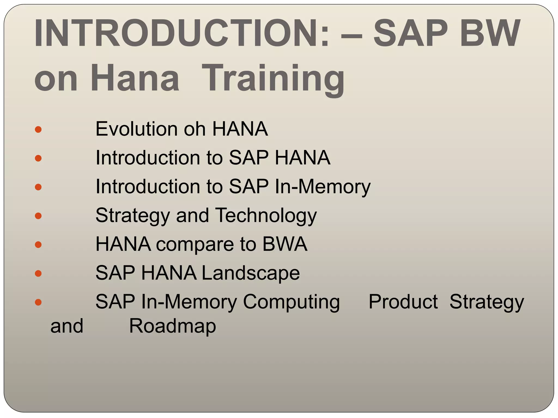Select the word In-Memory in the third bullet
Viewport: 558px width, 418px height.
323,187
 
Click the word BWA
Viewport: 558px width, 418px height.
285,244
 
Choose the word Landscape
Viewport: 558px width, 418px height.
251,273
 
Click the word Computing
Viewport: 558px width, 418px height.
291,302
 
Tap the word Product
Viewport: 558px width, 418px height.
403,302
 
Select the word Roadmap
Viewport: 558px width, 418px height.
172,326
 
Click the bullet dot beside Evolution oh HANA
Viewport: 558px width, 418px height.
38,129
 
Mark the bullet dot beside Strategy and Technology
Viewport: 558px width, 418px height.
38,216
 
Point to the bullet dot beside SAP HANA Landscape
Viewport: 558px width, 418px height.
38,273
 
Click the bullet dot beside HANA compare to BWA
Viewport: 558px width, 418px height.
38,245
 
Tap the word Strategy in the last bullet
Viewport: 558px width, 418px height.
487,302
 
